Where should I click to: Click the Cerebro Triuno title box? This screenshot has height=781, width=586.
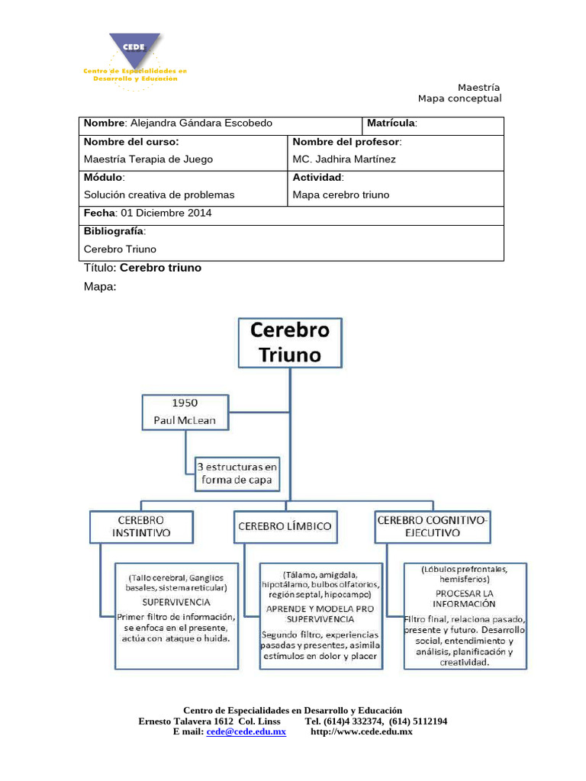point(290,342)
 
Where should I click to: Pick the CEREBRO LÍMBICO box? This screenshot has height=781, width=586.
point(285,526)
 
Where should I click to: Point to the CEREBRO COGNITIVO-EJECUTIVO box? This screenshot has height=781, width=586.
point(433,526)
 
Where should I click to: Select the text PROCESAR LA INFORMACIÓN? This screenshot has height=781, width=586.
point(465,599)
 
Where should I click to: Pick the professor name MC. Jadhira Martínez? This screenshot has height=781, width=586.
point(344,159)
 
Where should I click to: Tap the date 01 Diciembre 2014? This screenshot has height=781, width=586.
point(163,213)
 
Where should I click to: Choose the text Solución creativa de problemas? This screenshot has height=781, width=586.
point(159,194)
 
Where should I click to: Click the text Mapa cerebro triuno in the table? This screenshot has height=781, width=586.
point(340,194)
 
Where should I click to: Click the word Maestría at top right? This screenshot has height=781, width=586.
point(478,87)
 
